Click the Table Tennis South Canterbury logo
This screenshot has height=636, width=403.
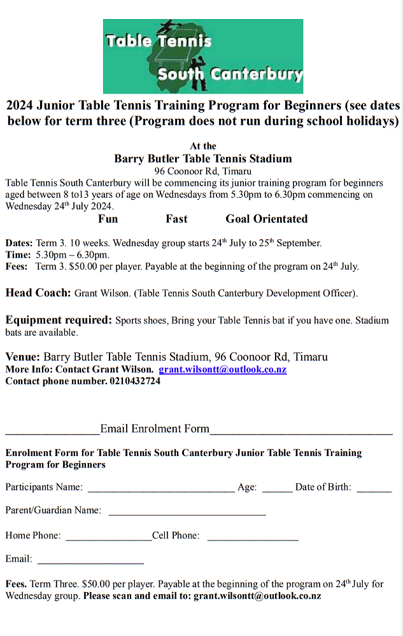[202, 56]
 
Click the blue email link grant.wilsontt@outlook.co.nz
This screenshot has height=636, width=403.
[222, 370]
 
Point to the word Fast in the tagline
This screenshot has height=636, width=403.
[176, 219]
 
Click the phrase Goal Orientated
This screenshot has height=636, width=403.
[266, 219]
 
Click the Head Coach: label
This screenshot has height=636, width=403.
[38, 293]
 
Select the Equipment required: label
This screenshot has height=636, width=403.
[59, 320]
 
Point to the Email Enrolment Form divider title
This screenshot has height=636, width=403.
[155, 429]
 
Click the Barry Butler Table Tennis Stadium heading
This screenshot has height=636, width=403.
[202, 158]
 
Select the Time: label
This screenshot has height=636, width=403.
[18, 254]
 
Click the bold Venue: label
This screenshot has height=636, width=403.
[23, 357]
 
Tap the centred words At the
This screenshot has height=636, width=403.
[203, 146]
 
